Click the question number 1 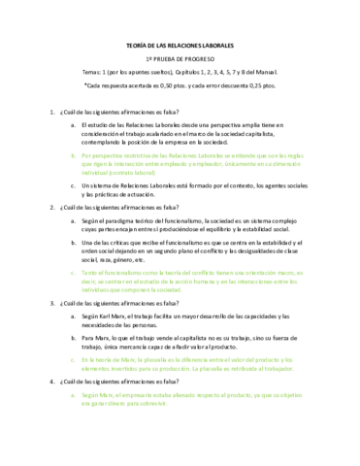pos(61,112)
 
